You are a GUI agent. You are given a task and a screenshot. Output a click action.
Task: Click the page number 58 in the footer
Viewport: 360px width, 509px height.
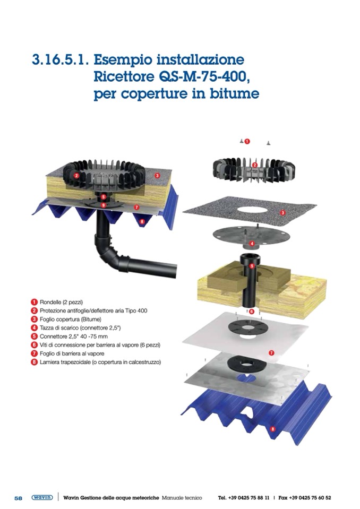(18, 498)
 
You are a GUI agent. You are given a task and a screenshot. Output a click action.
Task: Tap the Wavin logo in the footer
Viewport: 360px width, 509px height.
(42, 498)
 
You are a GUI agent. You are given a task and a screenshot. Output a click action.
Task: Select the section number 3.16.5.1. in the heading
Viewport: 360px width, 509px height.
(60, 60)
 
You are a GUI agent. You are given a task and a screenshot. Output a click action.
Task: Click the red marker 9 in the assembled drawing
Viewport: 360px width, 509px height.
(103, 205)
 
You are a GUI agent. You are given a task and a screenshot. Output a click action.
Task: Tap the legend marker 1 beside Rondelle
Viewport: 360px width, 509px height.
(34, 302)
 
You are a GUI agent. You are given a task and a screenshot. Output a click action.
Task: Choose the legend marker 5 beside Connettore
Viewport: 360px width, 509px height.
(34, 337)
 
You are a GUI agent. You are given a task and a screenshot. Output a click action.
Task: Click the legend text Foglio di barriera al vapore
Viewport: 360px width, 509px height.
(72, 353)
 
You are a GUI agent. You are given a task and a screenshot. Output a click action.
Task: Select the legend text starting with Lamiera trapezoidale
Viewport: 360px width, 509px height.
(100, 362)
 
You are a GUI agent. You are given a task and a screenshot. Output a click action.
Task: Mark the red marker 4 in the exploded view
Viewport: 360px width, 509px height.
(252, 244)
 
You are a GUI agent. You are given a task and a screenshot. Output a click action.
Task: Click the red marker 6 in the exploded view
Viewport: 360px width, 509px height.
(252, 312)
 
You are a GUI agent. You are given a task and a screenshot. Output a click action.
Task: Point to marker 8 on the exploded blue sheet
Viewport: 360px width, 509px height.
(273, 429)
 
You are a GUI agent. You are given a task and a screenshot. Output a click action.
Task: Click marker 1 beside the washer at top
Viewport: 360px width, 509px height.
(247, 141)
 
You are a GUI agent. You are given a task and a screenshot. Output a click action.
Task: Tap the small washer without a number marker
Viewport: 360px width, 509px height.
(269, 142)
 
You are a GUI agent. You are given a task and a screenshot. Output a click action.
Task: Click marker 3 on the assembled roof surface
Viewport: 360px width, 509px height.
(158, 176)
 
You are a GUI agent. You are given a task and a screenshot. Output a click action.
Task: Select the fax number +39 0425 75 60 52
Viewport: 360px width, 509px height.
(310, 498)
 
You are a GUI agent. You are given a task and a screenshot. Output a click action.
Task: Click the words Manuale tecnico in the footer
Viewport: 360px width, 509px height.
(182, 498)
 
